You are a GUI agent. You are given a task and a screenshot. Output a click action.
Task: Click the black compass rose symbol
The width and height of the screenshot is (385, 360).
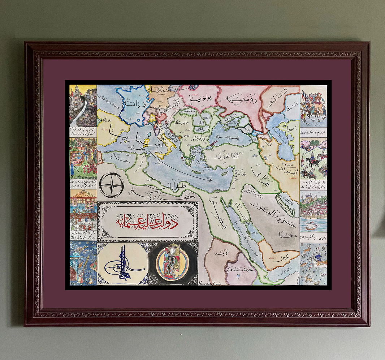click(112, 185)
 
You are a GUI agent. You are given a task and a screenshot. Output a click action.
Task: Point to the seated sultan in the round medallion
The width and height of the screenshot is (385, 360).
click(172, 263)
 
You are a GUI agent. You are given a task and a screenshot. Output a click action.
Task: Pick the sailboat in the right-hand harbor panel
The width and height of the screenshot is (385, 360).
click(310, 226)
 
